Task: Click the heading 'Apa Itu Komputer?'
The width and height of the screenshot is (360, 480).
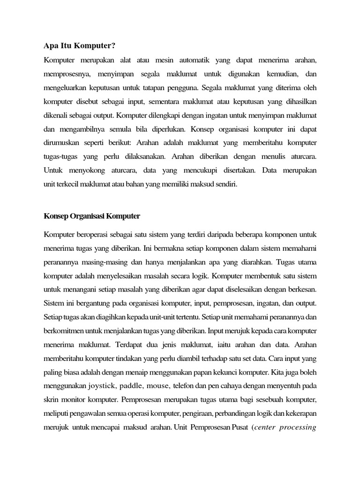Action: click(x=80, y=45)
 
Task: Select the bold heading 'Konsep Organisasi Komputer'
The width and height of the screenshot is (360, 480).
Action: click(x=92, y=216)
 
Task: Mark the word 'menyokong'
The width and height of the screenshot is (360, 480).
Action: click(x=87, y=170)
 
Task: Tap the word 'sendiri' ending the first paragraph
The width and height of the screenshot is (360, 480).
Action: click(x=224, y=184)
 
